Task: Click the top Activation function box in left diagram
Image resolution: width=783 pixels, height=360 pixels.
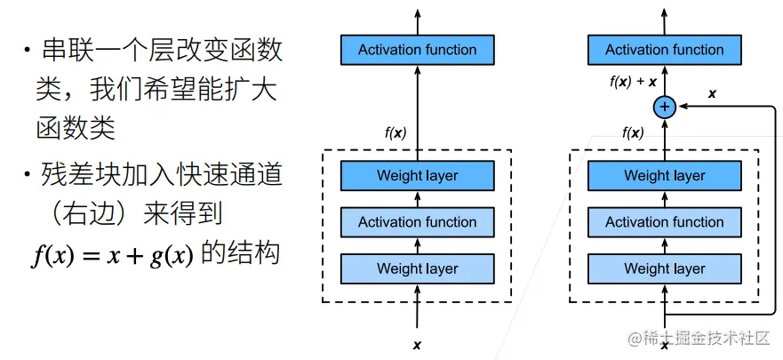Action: tap(417, 50)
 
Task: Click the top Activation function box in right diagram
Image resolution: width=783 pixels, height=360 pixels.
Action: tap(664, 50)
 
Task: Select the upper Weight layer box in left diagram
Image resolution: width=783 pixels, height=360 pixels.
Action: tap(417, 175)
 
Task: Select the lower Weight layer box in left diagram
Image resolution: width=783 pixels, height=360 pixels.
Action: tap(417, 268)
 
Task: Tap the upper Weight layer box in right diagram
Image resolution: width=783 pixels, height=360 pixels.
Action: tap(664, 175)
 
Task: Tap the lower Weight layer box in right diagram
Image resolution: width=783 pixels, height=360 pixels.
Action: tap(664, 268)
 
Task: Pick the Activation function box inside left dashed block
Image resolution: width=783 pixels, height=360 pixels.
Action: tap(417, 222)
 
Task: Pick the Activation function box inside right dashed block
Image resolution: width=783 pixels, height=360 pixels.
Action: tap(664, 222)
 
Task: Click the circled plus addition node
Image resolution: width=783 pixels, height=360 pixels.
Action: tap(664, 107)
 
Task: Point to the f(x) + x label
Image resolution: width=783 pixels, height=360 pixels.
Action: tap(633, 82)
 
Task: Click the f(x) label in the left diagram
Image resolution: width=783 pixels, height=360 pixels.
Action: tap(395, 133)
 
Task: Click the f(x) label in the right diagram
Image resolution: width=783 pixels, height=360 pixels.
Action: tap(633, 133)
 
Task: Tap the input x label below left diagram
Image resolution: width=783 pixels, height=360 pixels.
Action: tap(417, 343)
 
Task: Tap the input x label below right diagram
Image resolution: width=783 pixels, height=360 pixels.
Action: tap(664, 344)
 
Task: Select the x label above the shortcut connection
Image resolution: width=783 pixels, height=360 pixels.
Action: tap(712, 92)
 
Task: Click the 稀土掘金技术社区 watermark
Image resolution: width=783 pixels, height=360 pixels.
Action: tap(698, 339)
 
